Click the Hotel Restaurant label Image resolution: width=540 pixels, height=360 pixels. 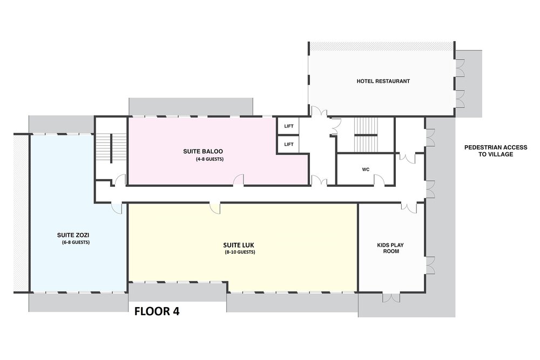click(x=383, y=81)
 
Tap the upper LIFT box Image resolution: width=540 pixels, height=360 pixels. click(x=288, y=126)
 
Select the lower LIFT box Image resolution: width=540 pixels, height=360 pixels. click(x=288, y=144)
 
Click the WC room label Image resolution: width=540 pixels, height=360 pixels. click(x=366, y=169)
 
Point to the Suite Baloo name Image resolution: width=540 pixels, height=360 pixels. click(x=203, y=151)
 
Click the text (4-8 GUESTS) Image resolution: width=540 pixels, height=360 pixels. click(x=210, y=159)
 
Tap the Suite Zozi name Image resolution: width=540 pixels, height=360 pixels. click(x=73, y=235)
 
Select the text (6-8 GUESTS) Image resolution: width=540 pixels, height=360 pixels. click(x=76, y=242)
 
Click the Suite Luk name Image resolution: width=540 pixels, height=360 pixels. click(x=238, y=245)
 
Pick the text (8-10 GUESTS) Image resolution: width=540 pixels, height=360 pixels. click(x=240, y=252)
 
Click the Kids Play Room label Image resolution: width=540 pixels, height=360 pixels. click(x=390, y=248)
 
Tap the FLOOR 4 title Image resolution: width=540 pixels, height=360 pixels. click(x=157, y=311)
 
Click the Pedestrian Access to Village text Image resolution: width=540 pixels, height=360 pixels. click(x=496, y=151)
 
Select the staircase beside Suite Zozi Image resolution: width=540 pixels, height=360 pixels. click(x=111, y=148)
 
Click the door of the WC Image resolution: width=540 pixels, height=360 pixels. click(x=379, y=180)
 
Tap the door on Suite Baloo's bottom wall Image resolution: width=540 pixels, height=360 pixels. click(x=239, y=180)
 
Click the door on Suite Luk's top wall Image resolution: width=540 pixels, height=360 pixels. click(x=215, y=208)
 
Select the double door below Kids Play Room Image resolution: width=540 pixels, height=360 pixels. click(x=391, y=297)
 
